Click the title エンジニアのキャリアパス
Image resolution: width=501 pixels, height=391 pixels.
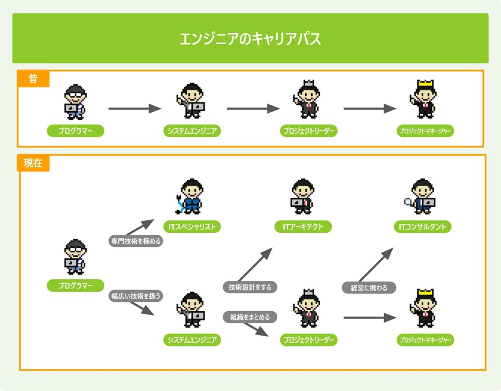coord(250,39)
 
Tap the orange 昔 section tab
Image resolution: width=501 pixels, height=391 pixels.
coord(33,78)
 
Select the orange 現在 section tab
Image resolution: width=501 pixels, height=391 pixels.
coord(33,163)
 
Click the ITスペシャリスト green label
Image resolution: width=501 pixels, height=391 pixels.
coord(192,226)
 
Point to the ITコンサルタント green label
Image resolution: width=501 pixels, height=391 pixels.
coord(423,226)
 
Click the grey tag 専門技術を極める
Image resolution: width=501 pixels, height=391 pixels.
coord(135,241)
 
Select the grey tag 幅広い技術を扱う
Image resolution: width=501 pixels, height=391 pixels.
coord(135,296)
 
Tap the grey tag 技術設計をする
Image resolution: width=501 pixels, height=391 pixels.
coord(250,287)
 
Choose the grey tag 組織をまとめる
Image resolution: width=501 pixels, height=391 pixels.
coord(250,317)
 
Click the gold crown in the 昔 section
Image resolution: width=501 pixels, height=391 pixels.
coord(423,84)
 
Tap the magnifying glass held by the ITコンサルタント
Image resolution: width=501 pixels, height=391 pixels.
coord(407,201)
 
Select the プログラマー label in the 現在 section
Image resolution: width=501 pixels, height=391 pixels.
coord(75,286)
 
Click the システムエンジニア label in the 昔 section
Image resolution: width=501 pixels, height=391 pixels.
coord(192,131)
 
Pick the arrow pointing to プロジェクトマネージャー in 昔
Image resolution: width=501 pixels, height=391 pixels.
coord(370,109)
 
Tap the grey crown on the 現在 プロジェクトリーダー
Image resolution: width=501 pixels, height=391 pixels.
coord(309,293)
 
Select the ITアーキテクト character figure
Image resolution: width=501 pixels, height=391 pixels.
coord(302,196)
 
